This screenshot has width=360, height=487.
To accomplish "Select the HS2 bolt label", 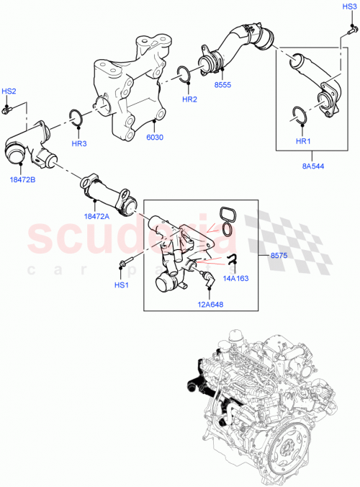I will (9, 91).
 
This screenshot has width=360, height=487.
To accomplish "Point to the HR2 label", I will (189, 99).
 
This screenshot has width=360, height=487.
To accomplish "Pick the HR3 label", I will (79, 144).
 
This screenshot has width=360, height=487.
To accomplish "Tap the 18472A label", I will (96, 215).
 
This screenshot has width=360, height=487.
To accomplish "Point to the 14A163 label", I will (235, 275).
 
